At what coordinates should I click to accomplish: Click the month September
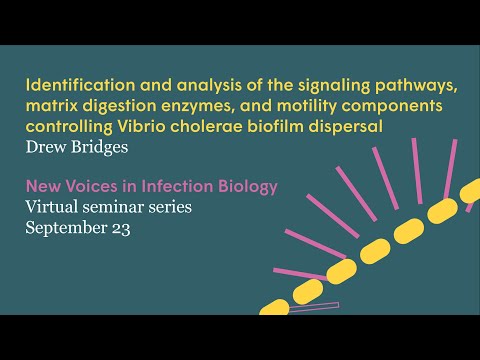(68, 228)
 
